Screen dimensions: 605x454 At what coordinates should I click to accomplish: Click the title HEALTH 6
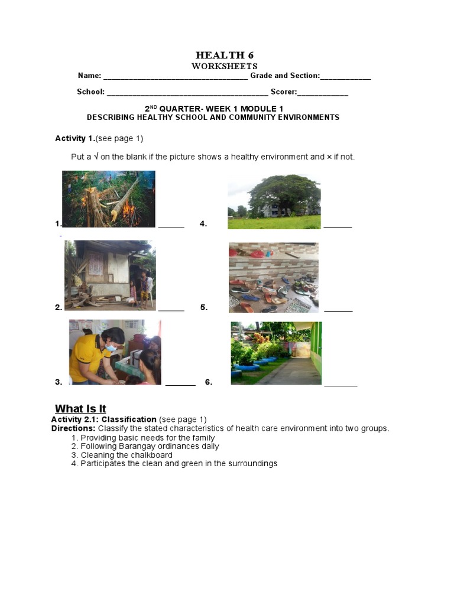click(225, 56)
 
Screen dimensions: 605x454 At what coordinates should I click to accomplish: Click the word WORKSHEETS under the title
click(225, 66)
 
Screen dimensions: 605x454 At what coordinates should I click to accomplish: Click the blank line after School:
click(187, 93)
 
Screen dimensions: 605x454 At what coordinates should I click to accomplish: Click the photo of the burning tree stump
click(109, 199)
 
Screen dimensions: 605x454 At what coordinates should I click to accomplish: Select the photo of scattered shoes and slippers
click(274, 277)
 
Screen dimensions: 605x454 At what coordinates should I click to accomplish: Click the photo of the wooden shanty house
click(110, 275)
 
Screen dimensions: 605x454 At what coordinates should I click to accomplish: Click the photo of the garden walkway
click(276, 353)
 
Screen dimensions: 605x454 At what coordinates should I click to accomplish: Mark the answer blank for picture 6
click(340, 384)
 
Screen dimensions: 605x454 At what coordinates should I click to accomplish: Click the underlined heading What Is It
click(80, 409)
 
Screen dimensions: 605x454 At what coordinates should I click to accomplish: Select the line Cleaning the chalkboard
click(127, 455)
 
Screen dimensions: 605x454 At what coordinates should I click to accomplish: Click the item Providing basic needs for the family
click(147, 438)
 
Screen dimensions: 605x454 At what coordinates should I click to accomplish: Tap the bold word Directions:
click(73, 428)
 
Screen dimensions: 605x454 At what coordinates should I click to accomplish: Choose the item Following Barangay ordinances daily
click(150, 447)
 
